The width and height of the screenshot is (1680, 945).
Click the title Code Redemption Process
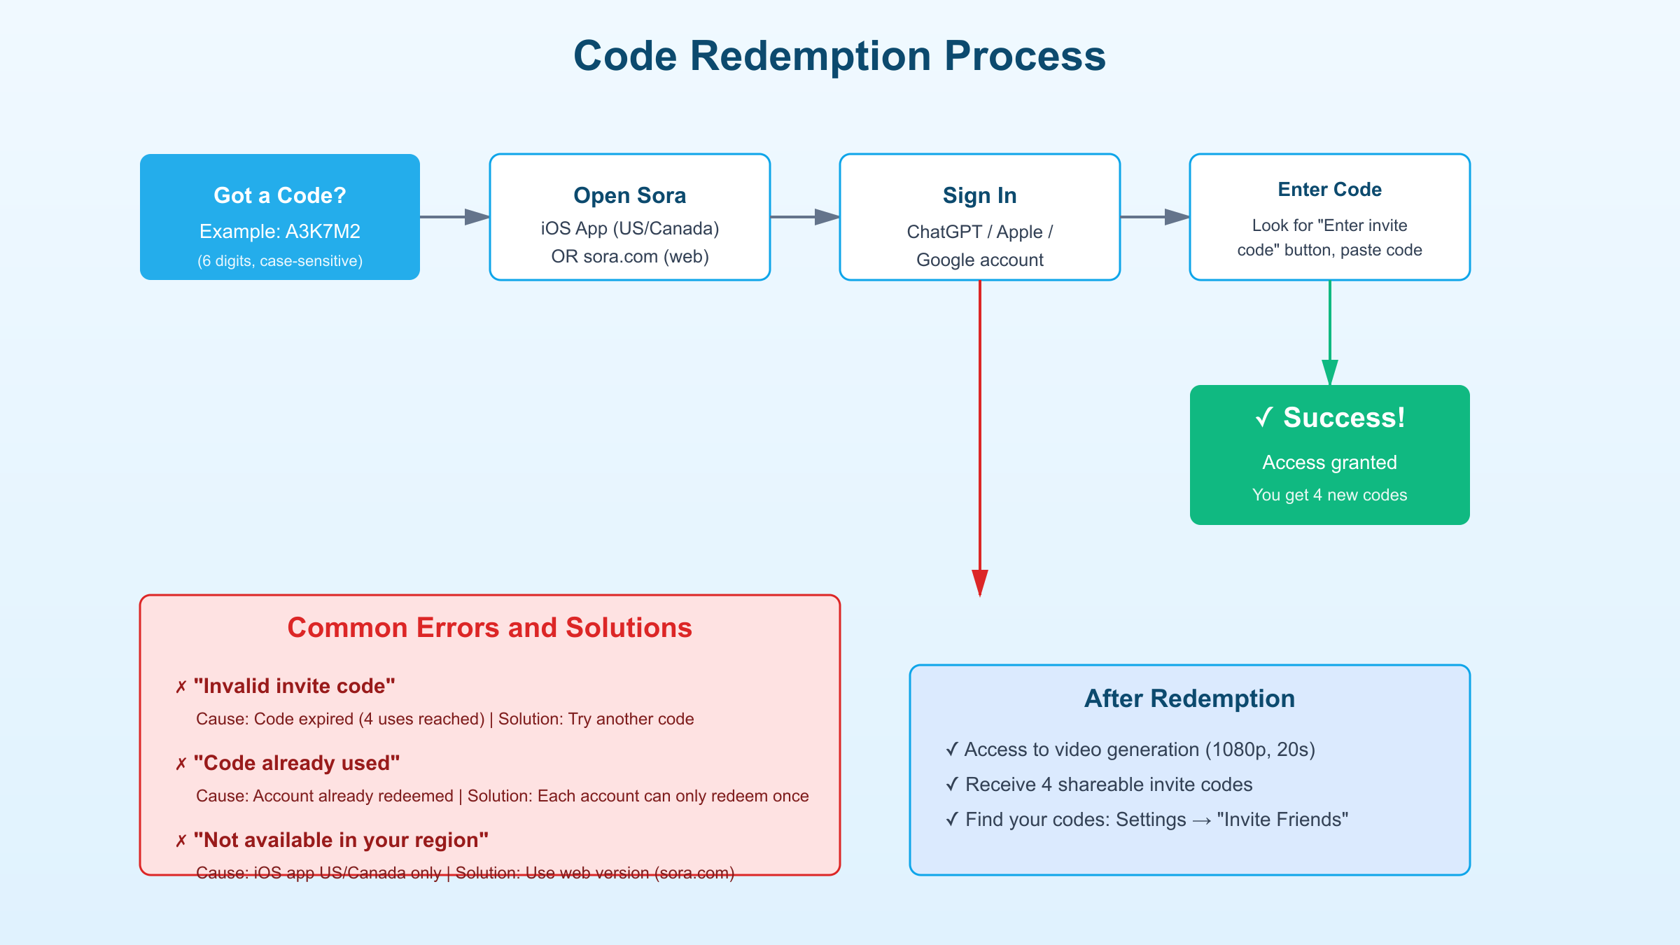point(839,56)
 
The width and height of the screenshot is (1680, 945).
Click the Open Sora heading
point(629,195)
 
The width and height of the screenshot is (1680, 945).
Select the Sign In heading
point(979,195)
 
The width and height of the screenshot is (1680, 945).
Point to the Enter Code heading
point(1329,190)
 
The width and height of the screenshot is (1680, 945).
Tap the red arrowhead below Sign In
point(979,582)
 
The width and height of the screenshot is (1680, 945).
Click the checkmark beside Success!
point(1264,418)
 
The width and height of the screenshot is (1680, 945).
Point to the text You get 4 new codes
point(1329,495)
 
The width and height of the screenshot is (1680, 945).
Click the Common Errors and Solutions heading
point(489,628)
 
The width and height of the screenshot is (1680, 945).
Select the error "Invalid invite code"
point(294,686)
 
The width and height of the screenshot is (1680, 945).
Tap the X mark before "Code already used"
point(181,764)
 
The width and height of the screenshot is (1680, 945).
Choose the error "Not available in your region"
point(341,840)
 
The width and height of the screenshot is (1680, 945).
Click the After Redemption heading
point(1189,699)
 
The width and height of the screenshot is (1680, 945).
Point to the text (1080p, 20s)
point(1260,750)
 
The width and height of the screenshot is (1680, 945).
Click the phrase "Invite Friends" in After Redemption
point(1282,820)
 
